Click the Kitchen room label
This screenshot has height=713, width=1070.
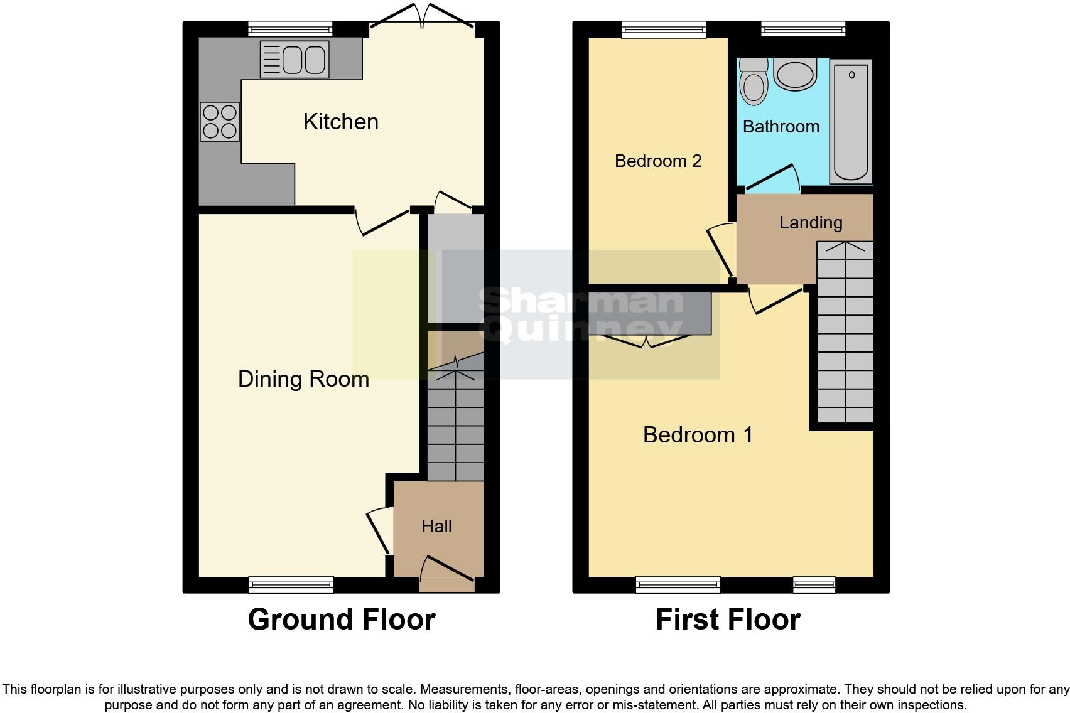pyautogui.click(x=340, y=122)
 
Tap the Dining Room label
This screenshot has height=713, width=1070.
pyautogui.click(x=303, y=379)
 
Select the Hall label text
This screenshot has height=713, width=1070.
pyautogui.click(x=436, y=526)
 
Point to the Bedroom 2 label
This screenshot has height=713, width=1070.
pyautogui.click(x=657, y=161)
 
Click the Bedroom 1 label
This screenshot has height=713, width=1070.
pyautogui.click(x=698, y=434)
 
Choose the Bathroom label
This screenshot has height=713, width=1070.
pyautogui.click(x=781, y=127)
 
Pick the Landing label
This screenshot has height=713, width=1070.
pyautogui.click(x=810, y=222)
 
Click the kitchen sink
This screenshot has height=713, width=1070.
pyautogui.click(x=295, y=60)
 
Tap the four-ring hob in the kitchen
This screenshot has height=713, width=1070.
pyautogui.click(x=220, y=122)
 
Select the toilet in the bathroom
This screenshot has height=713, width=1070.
pyautogui.click(x=754, y=82)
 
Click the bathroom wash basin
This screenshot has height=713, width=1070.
pyautogui.click(x=794, y=74)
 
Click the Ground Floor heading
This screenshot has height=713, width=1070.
pyautogui.click(x=341, y=619)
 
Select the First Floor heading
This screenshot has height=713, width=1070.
pyautogui.click(x=728, y=619)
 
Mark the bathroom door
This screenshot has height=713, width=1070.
pyautogui.click(x=771, y=176)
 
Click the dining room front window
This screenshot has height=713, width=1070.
pyautogui.click(x=291, y=585)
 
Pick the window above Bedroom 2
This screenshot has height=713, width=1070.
pyautogui.click(x=664, y=29)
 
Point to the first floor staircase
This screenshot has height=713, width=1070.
pyautogui.click(x=845, y=333)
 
